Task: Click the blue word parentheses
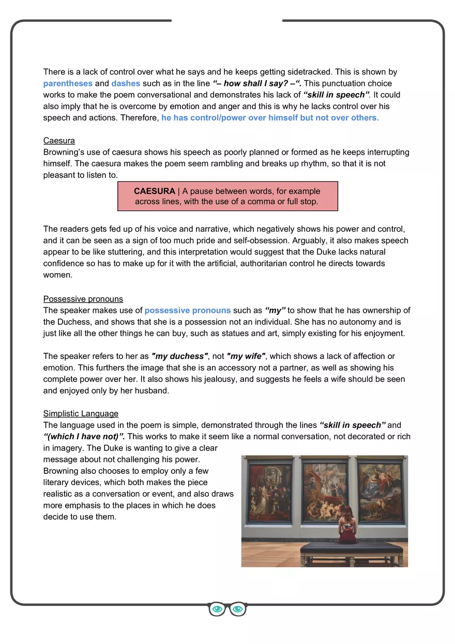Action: point(68,83)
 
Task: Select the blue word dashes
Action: point(126,83)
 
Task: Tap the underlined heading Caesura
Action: point(59,141)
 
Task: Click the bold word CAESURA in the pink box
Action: point(155,191)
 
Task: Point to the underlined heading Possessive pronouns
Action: point(83,299)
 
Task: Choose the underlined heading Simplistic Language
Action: point(81,413)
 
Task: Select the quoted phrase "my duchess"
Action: point(179,356)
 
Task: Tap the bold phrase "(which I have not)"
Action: point(84,436)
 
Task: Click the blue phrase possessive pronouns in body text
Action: point(188,310)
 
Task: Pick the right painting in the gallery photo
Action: point(380,489)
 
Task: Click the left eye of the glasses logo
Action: point(218,609)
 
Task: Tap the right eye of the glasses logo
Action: point(237,609)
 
